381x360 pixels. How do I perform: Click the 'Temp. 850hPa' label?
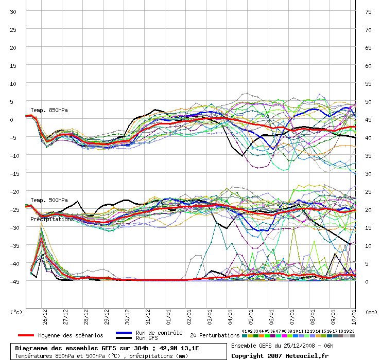coord(49,110)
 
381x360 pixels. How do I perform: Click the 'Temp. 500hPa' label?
coord(49,200)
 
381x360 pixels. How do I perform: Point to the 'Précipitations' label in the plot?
coord(51,219)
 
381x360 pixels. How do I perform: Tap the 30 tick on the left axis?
coord(13,11)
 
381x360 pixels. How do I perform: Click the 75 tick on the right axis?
coord(368,11)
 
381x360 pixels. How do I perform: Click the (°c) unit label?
coord(16,312)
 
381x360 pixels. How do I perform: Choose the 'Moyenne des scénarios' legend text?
coord(71,335)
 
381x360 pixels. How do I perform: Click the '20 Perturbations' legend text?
coord(214,335)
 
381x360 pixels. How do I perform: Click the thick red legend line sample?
coord(26,335)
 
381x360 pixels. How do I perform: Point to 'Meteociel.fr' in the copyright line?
coord(307,355)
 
